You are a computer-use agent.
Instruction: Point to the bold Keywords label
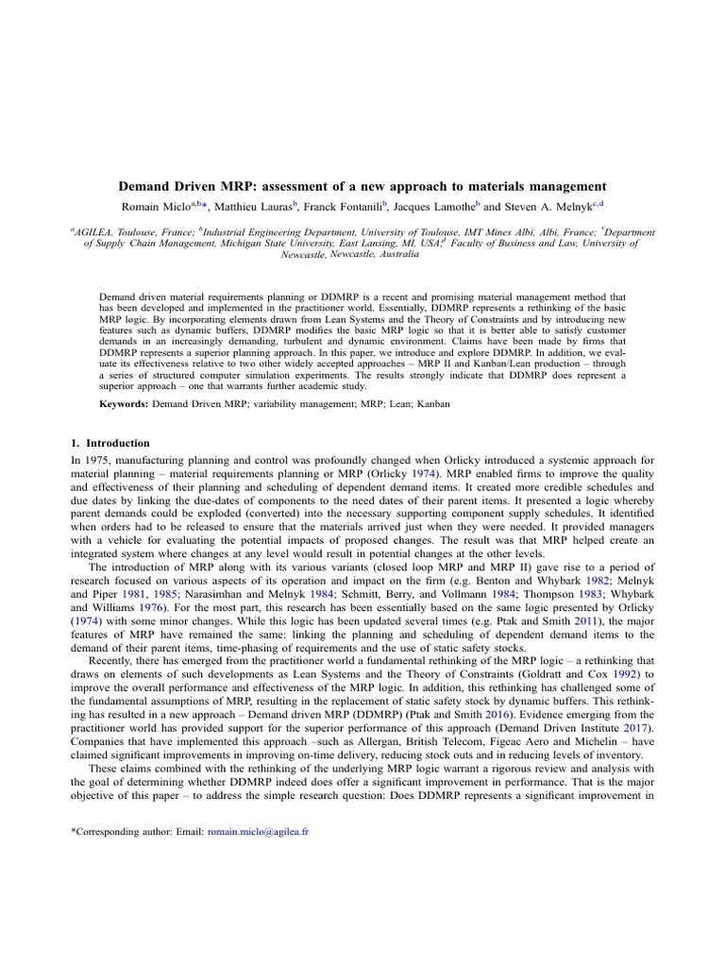pos(124,403)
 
